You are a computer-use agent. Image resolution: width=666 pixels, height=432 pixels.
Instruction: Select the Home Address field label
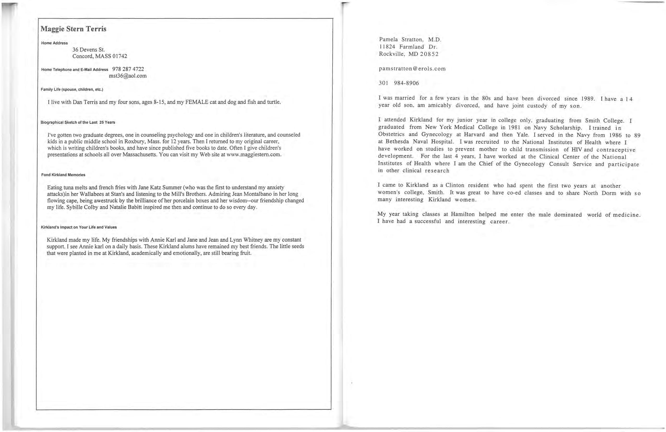pos(54,43)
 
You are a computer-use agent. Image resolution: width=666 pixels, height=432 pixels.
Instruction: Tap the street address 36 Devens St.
pos(88,50)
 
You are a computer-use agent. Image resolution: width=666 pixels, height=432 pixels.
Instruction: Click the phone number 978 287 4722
pos(128,69)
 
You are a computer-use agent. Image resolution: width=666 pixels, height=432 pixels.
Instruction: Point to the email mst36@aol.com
pos(128,76)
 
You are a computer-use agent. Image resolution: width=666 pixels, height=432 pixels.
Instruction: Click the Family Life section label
pos(72,90)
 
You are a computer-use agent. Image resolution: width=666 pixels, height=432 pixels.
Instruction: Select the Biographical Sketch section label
pos(78,122)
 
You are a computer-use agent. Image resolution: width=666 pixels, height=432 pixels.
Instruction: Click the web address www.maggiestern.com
pos(254,155)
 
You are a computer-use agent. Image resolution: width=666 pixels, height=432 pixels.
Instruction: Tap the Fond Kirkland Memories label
pos(63,175)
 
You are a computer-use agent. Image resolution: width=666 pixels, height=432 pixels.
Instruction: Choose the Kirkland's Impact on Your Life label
pos(79,227)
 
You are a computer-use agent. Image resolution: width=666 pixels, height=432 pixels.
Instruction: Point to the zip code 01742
pos(119,56)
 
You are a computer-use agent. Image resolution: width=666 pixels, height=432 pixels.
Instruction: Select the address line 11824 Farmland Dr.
pos(408,47)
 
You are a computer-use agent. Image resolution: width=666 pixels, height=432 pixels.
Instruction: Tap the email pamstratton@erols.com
pos(412,69)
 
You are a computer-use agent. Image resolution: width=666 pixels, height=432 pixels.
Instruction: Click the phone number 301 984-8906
pos(399,83)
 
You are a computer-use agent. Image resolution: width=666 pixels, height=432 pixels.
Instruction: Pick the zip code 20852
pos(429,54)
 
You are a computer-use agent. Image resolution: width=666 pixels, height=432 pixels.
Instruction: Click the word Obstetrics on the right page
pos(391,134)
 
